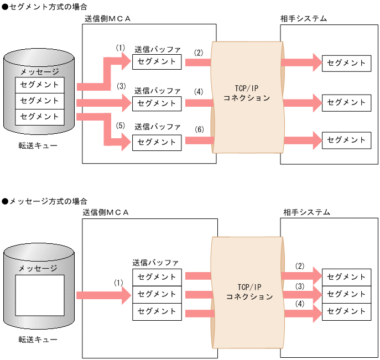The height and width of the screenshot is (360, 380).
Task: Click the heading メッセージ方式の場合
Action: tap(44, 202)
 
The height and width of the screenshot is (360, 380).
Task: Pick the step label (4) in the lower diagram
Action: tap(300, 304)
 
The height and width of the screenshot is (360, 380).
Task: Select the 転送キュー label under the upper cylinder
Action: tap(38, 145)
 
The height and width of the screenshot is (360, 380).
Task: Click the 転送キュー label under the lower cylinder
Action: tap(38, 339)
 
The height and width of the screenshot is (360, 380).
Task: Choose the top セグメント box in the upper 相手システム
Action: tap(346, 63)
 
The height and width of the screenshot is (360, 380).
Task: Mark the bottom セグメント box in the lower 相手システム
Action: tap(346, 311)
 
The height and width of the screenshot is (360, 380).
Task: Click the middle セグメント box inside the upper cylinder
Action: tap(39, 101)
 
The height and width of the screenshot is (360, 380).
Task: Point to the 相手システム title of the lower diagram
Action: tap(306, 212)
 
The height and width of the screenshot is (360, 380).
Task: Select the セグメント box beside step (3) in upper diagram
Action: tap(157, 103)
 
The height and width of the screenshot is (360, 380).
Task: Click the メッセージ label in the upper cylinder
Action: tap(39, 71)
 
